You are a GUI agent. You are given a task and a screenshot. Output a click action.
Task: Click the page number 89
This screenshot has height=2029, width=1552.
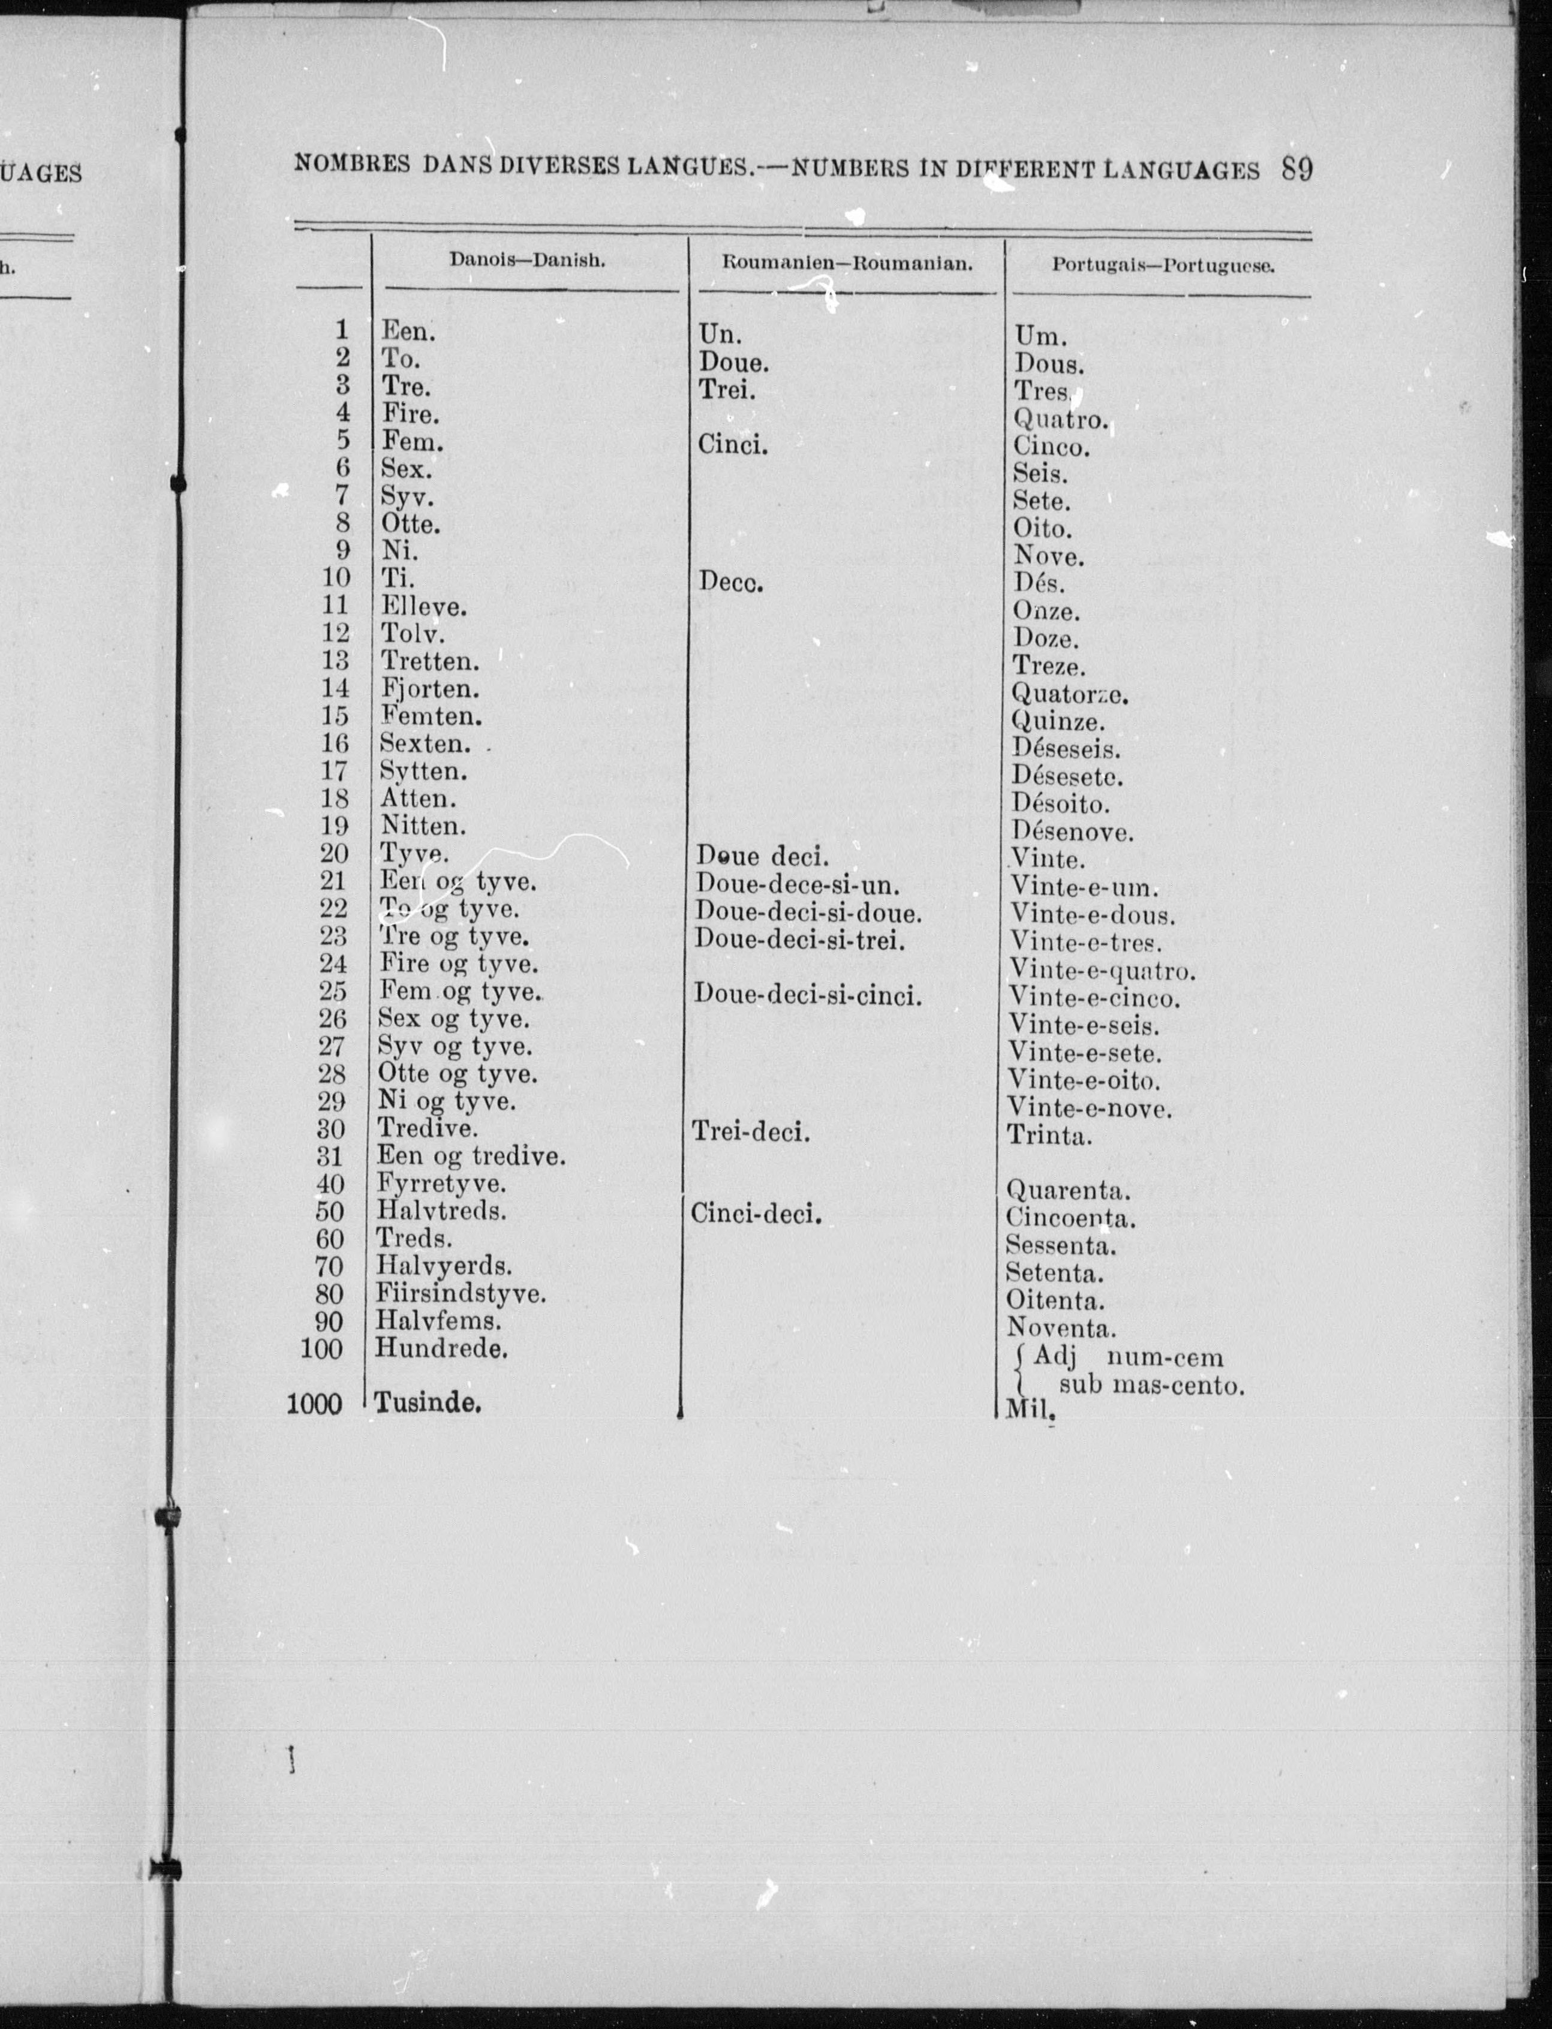click(x=1297, y=170)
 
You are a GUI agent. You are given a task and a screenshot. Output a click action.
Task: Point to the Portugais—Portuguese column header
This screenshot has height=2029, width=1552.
click(x=1163, y=266)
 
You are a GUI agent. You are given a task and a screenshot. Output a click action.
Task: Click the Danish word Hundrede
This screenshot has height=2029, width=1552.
click(x=441, y=1348)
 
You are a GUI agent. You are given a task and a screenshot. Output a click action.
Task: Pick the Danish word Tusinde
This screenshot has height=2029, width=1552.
click(x=428, y=1404)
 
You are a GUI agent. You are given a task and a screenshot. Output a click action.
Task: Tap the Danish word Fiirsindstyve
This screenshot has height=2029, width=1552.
click(x=460, y=1294)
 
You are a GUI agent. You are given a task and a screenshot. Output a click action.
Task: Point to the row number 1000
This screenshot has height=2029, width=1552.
click(x=315, y=1405)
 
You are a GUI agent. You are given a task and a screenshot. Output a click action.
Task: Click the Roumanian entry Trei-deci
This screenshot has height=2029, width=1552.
click(x=750, y=1132)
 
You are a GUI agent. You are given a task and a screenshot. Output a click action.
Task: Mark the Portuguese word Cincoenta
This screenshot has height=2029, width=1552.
click(x=1070, y=1218)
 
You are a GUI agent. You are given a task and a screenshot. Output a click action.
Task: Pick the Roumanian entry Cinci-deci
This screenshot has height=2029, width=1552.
click(x=756, y=1214)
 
